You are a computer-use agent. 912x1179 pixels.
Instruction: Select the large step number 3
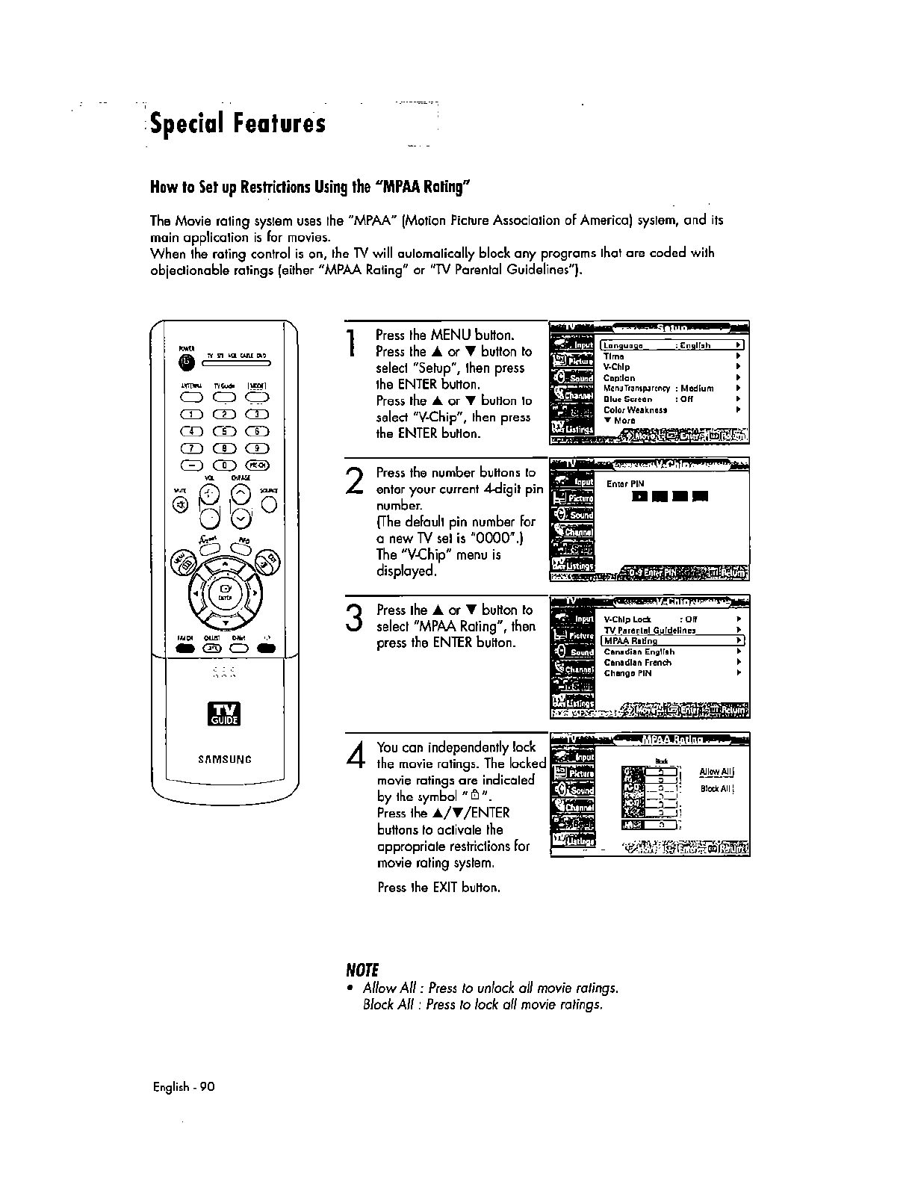354,619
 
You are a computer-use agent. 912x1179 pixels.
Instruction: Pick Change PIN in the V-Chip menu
627,673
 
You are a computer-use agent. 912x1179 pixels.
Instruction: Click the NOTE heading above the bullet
361,971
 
